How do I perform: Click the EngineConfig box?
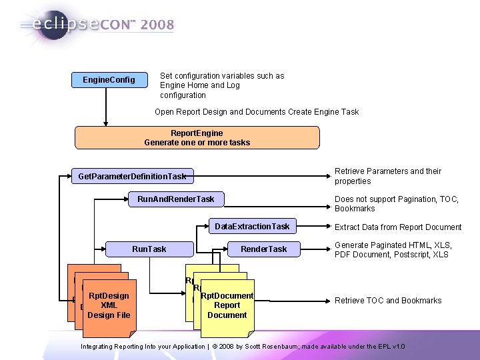109,80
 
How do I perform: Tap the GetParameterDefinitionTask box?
132,176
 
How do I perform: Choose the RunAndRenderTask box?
175,199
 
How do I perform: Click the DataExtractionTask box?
252,227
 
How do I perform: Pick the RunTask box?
149,249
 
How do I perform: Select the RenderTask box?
263,249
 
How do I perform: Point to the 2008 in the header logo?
157,25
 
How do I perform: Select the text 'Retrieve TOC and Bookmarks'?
388,301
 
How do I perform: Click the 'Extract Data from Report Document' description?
398,227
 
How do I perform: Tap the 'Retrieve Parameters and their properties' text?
388,176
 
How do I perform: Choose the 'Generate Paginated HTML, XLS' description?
393,249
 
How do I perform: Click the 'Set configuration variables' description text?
222,85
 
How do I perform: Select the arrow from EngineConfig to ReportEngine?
105,107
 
